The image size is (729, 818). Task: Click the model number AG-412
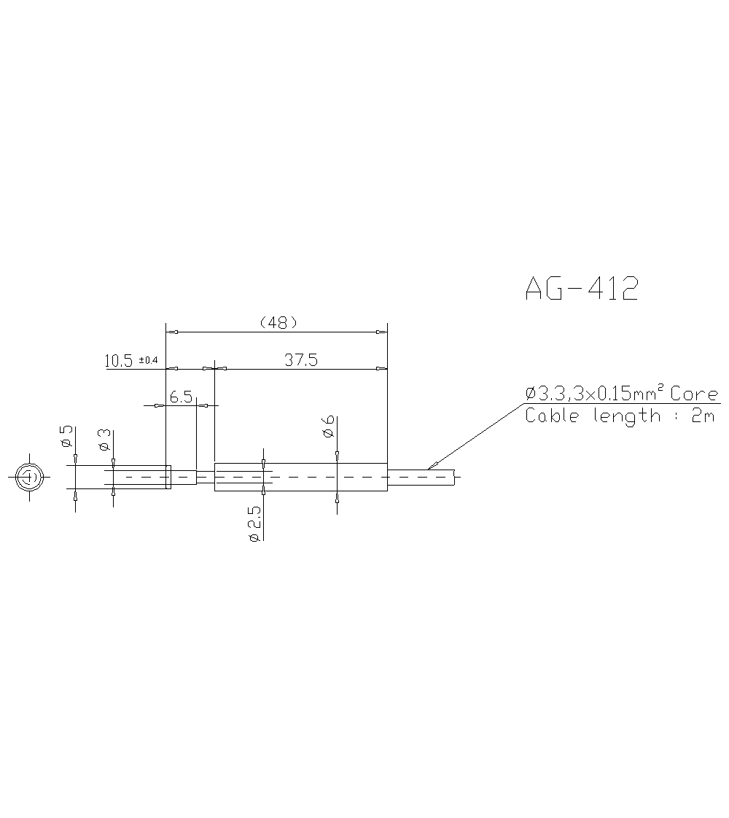pos(581,289)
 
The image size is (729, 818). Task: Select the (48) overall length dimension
pos(278,322)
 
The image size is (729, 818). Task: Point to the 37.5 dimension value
pos(301,359)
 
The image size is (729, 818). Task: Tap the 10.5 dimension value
pos(118,360)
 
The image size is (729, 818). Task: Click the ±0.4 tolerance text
pos(148,360)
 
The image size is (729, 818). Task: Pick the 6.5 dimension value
pos(181,397)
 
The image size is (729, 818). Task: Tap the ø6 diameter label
pos(328,426)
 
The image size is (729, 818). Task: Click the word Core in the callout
pos(694,394)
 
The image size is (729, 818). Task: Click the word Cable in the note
pos(551,416)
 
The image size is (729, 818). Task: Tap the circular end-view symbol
pos(29,478)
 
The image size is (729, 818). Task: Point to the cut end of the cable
pos(455,478)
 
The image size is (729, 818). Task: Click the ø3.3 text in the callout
pos(544,394)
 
